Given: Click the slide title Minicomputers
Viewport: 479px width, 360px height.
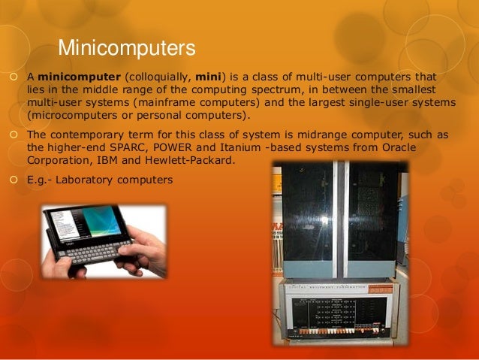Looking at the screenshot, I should point(127,50).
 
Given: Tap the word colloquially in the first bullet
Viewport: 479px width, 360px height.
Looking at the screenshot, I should point(162,77).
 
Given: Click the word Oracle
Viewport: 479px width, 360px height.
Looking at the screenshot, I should point(415,148).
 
